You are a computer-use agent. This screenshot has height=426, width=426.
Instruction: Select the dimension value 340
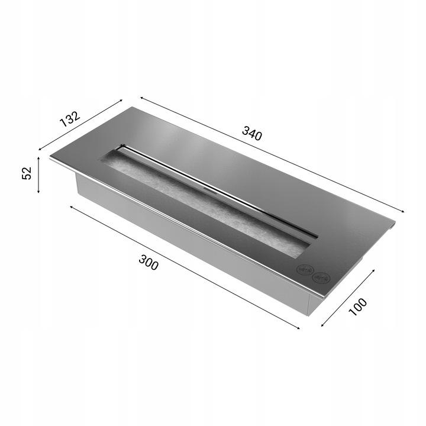251,134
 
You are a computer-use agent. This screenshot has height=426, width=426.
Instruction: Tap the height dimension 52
26,173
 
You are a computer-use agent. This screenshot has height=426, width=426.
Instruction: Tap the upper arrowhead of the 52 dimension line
38,158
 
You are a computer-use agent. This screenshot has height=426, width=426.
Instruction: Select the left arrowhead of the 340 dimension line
141,98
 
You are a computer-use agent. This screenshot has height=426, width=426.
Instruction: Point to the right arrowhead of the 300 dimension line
299,327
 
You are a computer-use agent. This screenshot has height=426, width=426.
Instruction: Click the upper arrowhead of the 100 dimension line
374,270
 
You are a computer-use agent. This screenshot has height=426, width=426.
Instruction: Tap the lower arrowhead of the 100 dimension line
322,326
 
